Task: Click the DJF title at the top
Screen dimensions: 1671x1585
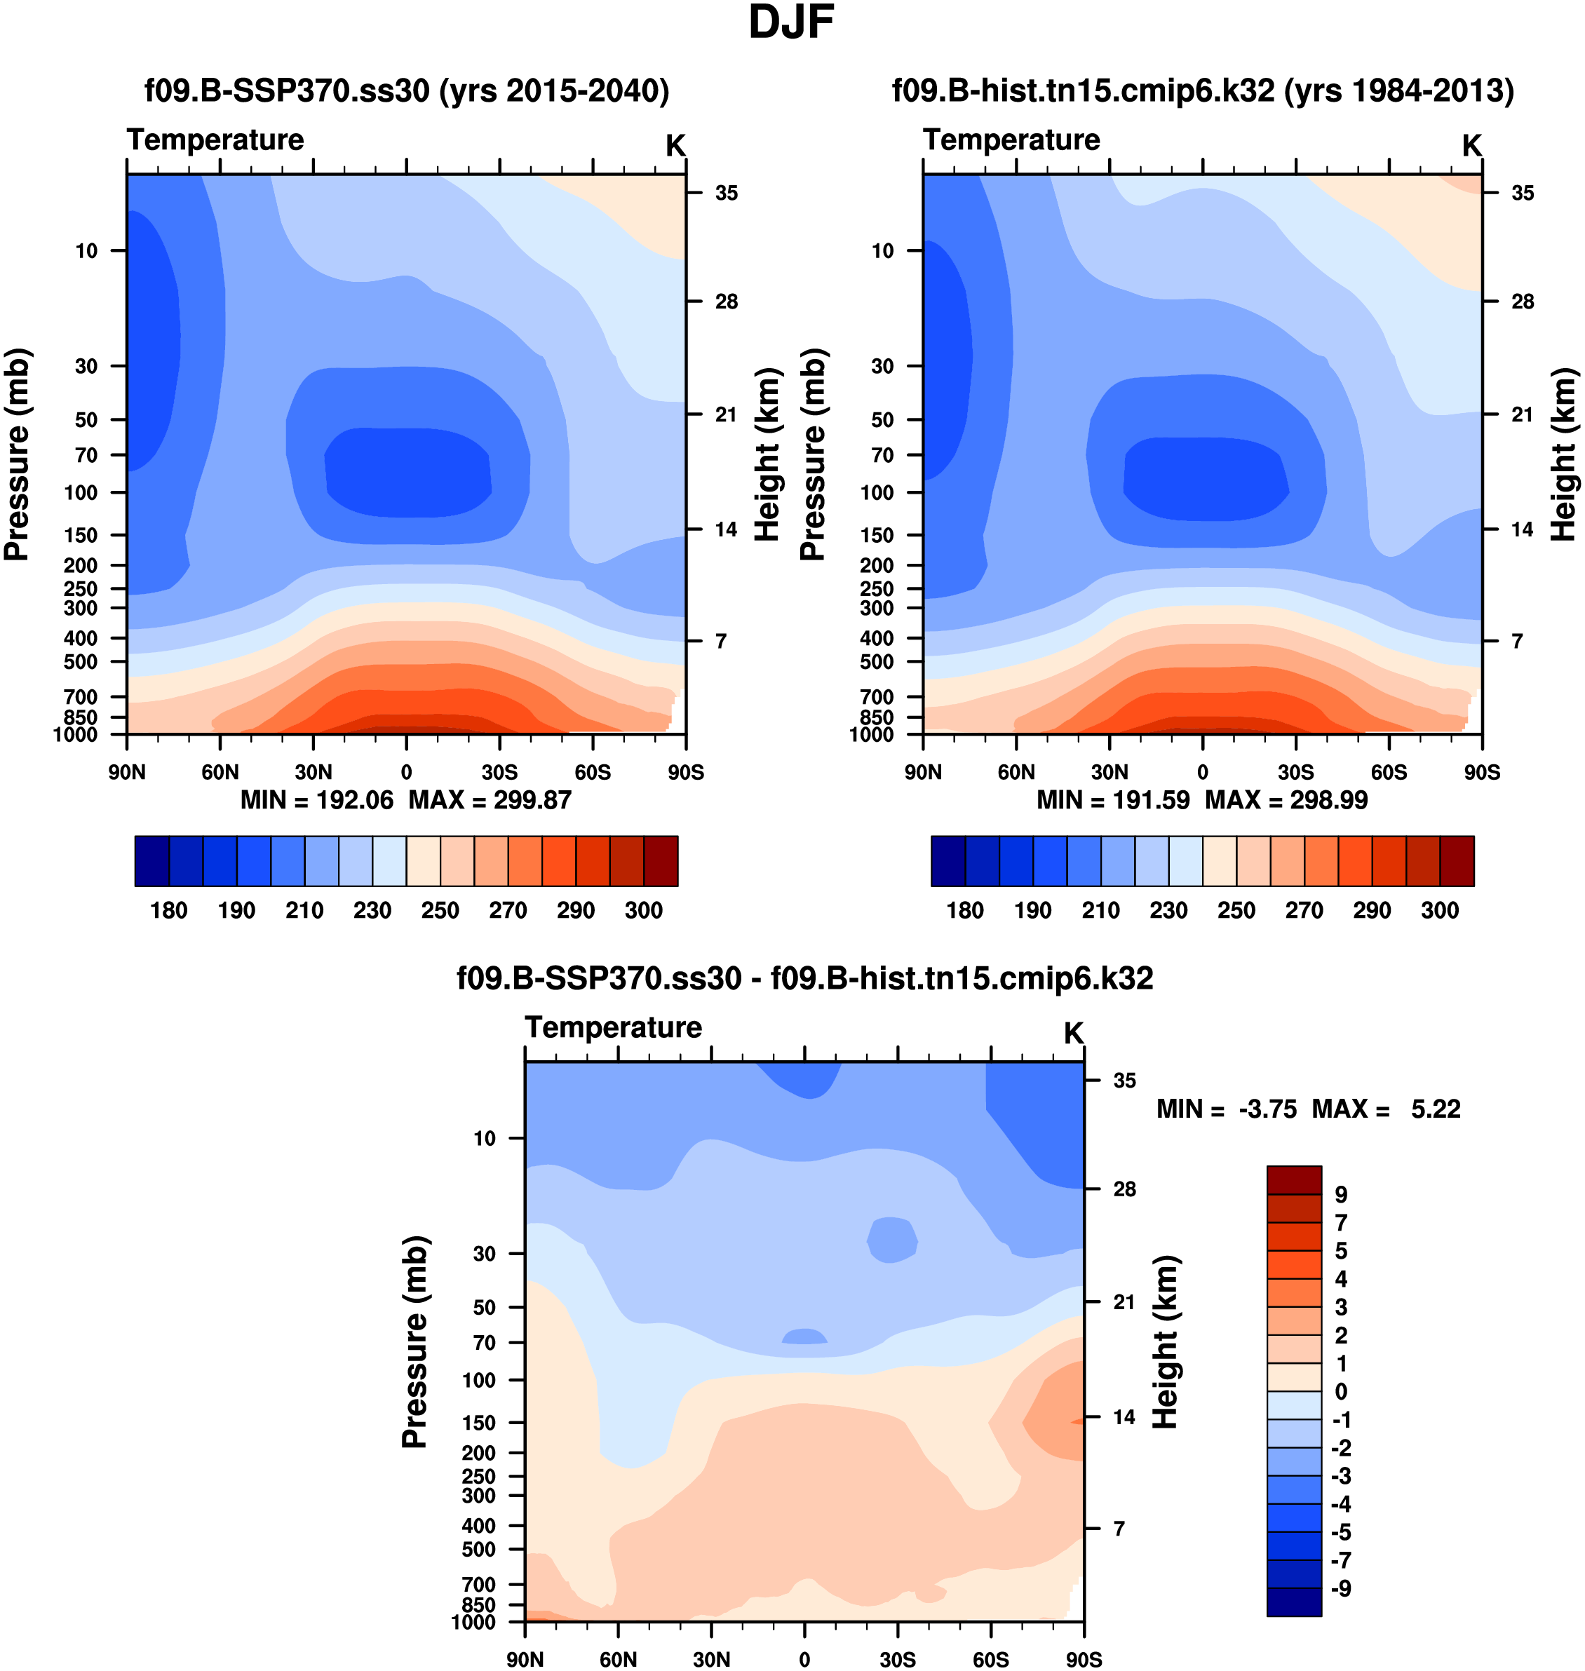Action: [791, 24]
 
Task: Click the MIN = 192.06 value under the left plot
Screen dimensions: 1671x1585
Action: [317, 800]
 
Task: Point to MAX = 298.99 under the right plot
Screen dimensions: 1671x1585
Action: [1286, 800]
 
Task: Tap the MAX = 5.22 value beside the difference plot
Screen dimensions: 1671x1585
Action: [1386, 1109]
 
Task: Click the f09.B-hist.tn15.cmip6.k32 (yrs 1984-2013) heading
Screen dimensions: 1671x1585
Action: [1203, 90]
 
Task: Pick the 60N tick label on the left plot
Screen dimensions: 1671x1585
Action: [220, 772]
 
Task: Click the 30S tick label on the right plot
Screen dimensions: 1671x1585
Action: [1295, 772]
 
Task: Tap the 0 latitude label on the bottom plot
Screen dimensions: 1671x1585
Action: [804, 1659]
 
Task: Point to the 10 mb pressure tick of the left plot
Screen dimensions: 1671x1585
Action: [86, 251]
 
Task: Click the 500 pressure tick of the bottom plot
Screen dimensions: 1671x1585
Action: [478, 1550]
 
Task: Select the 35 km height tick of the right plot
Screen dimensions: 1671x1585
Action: [1523, 194]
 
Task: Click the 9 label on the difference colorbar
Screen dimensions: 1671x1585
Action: [1341, 1196]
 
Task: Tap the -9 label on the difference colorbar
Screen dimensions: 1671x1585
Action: [1341, 1589]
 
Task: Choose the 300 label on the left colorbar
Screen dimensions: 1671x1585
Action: [644, 911]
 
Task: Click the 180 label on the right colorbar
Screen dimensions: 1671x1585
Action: [965, 911]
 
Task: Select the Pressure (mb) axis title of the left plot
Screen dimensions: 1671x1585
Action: [17, 454]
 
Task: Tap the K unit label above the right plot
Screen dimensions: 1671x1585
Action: [1472, 146]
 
